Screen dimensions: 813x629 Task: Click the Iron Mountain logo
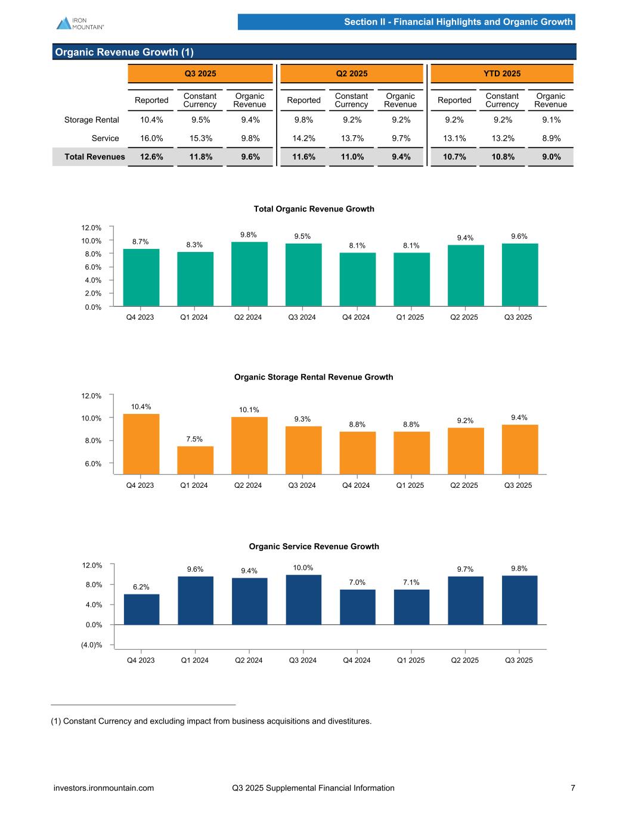[x=80, y=23]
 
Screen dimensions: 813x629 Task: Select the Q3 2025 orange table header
[x=200, y=74]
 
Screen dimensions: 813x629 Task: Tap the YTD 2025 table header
[x=502, y=74]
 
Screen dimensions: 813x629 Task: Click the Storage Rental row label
[x=92, y=120]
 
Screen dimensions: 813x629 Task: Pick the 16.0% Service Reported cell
[x=151, y=138]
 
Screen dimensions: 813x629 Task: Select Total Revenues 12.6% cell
[x=151, y=157]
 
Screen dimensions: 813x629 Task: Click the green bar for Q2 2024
[x=249, y=274]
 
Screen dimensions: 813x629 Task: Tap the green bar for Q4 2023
[x=141, y=278]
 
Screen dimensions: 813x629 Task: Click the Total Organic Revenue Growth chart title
[x=314, y=209]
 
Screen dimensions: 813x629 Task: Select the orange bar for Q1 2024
[x=195, y=460]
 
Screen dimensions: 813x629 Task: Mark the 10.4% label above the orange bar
[x=141, y=407]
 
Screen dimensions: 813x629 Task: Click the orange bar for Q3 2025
[x=519, y=449]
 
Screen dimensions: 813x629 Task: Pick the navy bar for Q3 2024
[x=303, y=599]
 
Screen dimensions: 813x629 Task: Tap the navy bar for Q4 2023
[x=141, y=609]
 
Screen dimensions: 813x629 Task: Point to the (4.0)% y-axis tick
[x=92, y=644]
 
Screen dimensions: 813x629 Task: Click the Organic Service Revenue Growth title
[x=314, y=546]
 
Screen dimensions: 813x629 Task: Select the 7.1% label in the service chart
[x=411, y=582]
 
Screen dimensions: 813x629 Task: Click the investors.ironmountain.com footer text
[x=104, y=788]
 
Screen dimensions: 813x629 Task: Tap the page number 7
[x=573, y=788]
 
